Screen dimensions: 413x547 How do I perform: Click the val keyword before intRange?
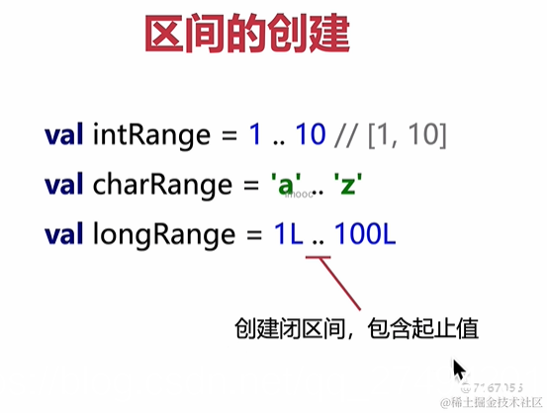pyautogui.click(x=64, y=133)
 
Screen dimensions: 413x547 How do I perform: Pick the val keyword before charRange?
pyautogui.click(x=64, y=185)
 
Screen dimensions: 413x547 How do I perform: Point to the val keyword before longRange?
pyautogui.click(x=64, y=235)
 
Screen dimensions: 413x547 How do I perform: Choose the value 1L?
pyautogui.click(x=289, y=235)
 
